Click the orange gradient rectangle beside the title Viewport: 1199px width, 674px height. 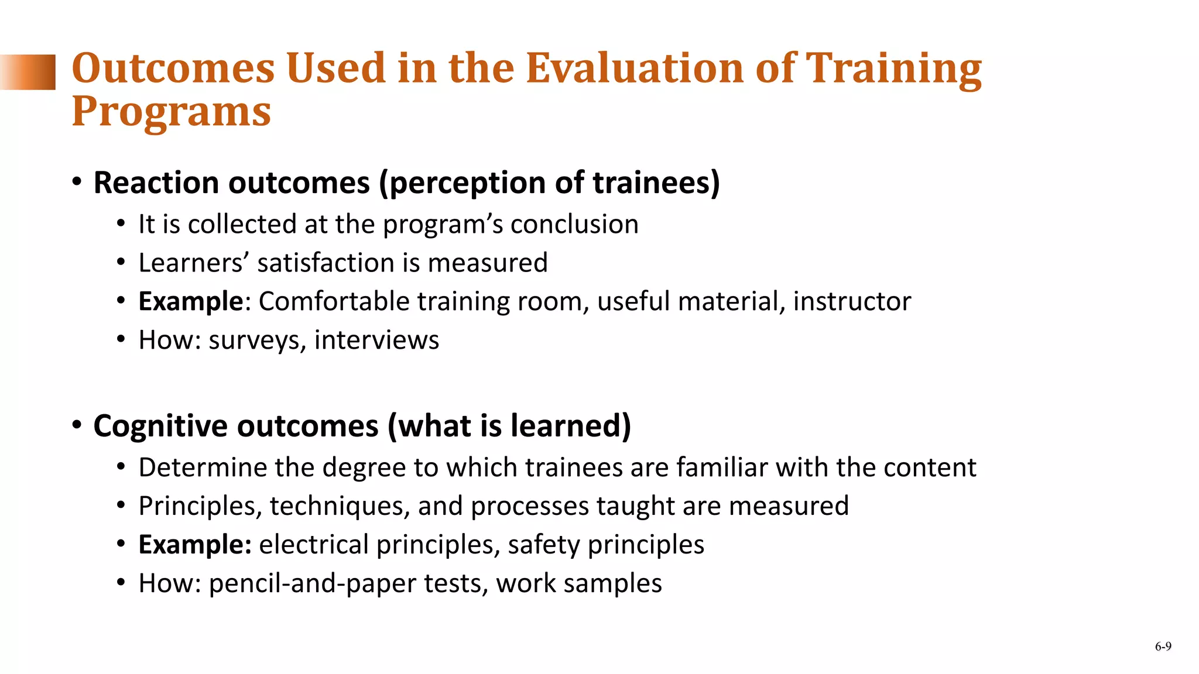pos(28,72)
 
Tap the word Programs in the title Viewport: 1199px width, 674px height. pos(171,112)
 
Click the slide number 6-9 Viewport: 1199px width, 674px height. pos(1163,647)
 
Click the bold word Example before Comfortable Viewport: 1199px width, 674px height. pos(190,301)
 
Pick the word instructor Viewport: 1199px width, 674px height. pos(852,301)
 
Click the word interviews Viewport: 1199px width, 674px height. pos(376,340)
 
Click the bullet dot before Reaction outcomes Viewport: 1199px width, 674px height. pos(77,183)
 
